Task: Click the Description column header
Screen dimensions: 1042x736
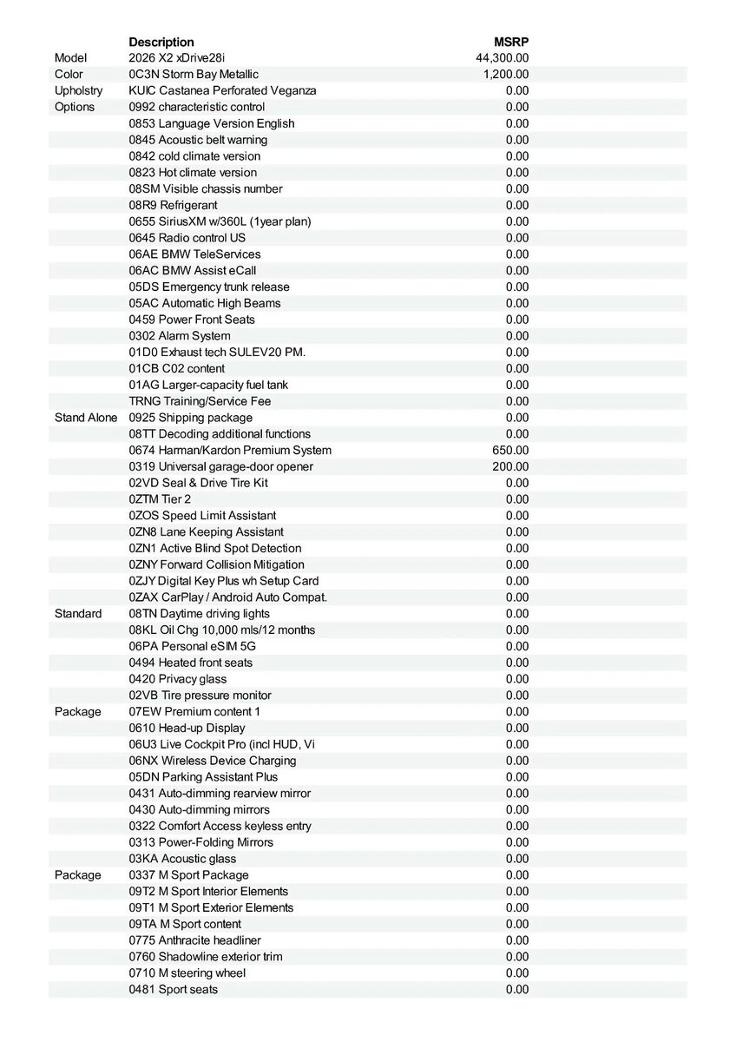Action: coord(161,42)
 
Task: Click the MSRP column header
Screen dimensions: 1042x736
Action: coord(511,42)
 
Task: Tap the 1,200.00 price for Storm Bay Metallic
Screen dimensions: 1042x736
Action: coord(505,75)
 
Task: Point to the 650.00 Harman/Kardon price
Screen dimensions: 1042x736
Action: coord(510,450)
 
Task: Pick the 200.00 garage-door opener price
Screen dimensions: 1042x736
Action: coord(510,466)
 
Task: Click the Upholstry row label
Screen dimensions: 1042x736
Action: coord(78,90)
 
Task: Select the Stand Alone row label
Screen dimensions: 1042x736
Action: coord(85,418)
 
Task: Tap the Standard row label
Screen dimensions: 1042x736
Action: coord(78,613)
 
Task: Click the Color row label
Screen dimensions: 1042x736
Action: coord(69,75)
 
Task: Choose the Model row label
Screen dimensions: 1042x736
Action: coord(70,58)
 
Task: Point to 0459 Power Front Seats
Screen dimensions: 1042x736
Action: coord(192,320)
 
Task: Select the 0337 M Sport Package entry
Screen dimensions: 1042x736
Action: coord(188,874)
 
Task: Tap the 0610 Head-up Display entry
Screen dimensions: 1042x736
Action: coord(187,728)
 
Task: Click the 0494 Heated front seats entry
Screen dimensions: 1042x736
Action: coord(191,663)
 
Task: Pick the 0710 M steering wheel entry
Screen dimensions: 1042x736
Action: coord(187,973)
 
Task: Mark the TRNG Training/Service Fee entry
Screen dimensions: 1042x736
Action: coord(200,401)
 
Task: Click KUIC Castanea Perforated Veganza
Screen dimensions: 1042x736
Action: coord(222,90)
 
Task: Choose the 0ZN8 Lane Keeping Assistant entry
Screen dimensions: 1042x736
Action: coord(206,531)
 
